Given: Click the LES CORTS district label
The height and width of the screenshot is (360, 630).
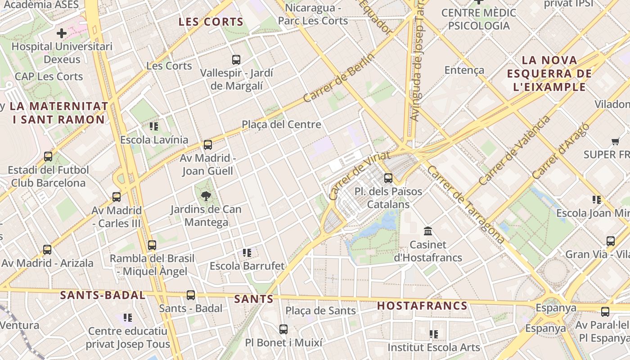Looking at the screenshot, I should (211, 22).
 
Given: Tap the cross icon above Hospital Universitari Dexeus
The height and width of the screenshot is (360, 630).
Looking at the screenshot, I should (62, 33).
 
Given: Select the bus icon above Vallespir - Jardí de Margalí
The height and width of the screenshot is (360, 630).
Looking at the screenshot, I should (236, 59).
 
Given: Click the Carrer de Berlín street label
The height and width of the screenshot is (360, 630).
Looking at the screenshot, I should (339, 78).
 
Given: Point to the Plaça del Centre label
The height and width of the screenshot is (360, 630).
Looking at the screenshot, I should (281, 124).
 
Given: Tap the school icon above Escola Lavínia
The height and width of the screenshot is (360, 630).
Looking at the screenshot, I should (154, 126).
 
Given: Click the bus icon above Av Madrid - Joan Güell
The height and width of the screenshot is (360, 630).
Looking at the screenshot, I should (207, 145).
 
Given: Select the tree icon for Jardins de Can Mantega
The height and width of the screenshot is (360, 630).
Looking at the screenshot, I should (206, 196).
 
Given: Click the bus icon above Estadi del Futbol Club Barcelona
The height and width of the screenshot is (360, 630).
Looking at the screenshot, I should (48, 157).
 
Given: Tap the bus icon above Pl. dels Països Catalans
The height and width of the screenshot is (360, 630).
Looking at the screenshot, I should (388, 178).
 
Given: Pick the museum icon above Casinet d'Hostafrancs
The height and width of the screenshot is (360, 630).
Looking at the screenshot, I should (428, 231).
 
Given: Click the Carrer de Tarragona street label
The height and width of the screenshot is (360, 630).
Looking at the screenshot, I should (465, 204).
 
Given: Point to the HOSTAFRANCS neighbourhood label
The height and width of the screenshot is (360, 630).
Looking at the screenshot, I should (422, 306).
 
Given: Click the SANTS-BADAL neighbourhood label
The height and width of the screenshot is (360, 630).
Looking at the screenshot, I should (103, 295).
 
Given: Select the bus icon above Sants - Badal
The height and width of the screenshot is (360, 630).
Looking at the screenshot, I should (191, 295).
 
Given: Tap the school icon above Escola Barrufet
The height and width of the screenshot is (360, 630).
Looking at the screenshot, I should (247, 253).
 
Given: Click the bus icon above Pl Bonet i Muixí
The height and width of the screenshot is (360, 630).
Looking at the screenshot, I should (283, 329).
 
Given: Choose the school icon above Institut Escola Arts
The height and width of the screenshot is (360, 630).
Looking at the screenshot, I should (434, 334).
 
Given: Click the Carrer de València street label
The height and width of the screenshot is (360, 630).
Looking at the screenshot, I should (514, 151).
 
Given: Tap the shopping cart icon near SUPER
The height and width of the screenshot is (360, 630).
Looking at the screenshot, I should (615, 142).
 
